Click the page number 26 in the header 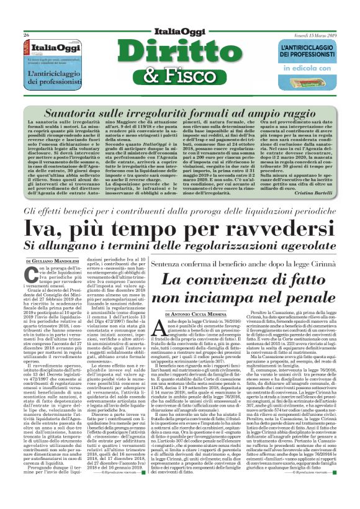(x=25, y=35)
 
